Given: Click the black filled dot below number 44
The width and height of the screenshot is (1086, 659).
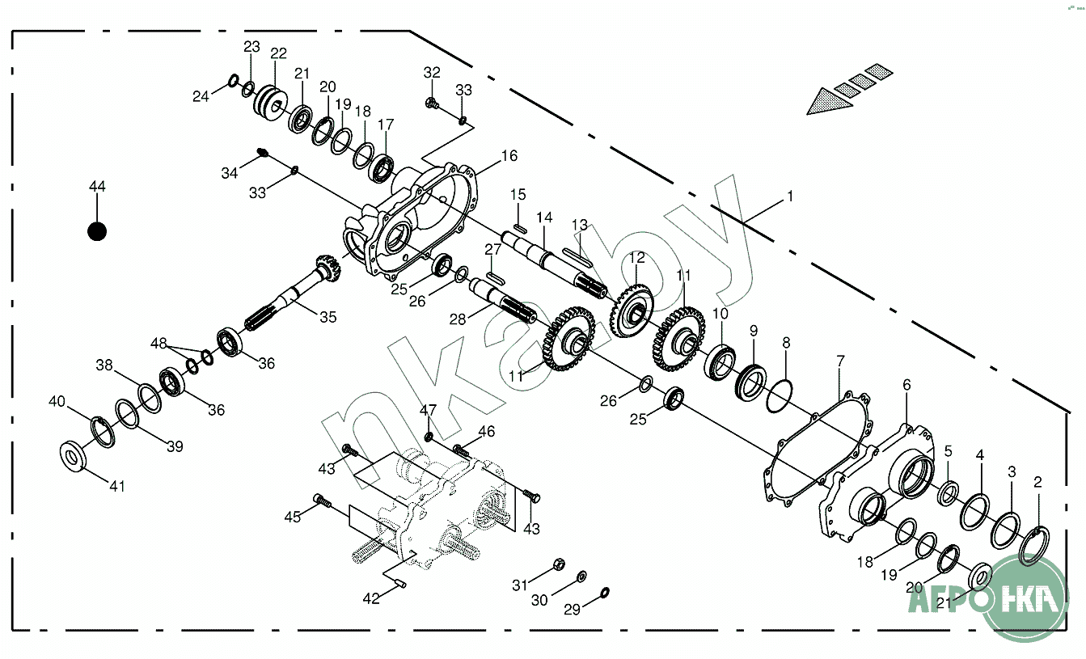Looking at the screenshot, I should point(97,231).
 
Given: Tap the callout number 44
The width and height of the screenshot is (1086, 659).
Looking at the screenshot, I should point(97,187).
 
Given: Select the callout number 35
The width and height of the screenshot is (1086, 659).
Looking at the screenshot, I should point(327,318).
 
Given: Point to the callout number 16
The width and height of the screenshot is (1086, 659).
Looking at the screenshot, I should point(509,156).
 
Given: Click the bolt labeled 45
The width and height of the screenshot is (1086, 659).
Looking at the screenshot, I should point(321,502).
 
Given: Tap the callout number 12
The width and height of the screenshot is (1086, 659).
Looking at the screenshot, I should point(637,258).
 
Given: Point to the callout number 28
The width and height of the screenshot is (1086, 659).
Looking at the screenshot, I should point(458,319).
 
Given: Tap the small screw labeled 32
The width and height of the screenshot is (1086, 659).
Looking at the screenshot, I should point(431,103).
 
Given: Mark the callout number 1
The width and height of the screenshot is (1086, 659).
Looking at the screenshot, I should point(790,196).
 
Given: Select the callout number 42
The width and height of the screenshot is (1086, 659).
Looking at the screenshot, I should point(370,598).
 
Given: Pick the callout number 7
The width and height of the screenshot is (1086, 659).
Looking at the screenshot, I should point(840,360).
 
